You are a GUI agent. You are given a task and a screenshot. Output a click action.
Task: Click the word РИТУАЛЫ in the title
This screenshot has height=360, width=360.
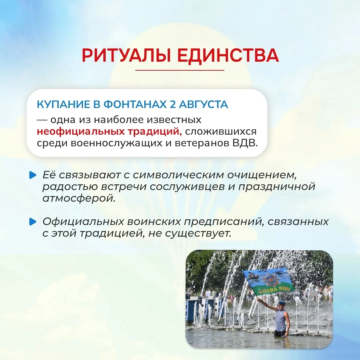tap(126, 55)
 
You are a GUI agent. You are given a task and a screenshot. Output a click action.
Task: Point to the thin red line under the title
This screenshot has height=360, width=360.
tap(180, 70)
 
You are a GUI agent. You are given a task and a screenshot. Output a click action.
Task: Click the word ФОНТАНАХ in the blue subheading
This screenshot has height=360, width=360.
tap(135, 104)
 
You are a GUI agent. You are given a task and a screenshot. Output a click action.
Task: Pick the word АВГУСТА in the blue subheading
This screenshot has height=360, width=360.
tap(203, 105)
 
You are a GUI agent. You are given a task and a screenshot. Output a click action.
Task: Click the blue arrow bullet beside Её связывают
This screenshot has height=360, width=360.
tap(33, 175)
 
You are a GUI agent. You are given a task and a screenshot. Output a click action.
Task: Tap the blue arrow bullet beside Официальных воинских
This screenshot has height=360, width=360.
tap(33, 222)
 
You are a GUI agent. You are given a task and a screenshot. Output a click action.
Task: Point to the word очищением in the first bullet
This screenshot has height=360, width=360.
tap(262, 175)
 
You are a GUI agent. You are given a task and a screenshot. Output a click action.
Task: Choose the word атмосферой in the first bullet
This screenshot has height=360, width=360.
tap(79, 198)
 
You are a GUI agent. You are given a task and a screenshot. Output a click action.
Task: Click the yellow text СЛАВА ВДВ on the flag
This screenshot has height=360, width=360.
tap(273, 290)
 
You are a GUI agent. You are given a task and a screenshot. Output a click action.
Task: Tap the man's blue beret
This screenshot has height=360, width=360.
tap(281, 303)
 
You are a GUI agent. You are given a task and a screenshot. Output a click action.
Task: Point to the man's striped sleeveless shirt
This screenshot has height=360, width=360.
tap(281, 320)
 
